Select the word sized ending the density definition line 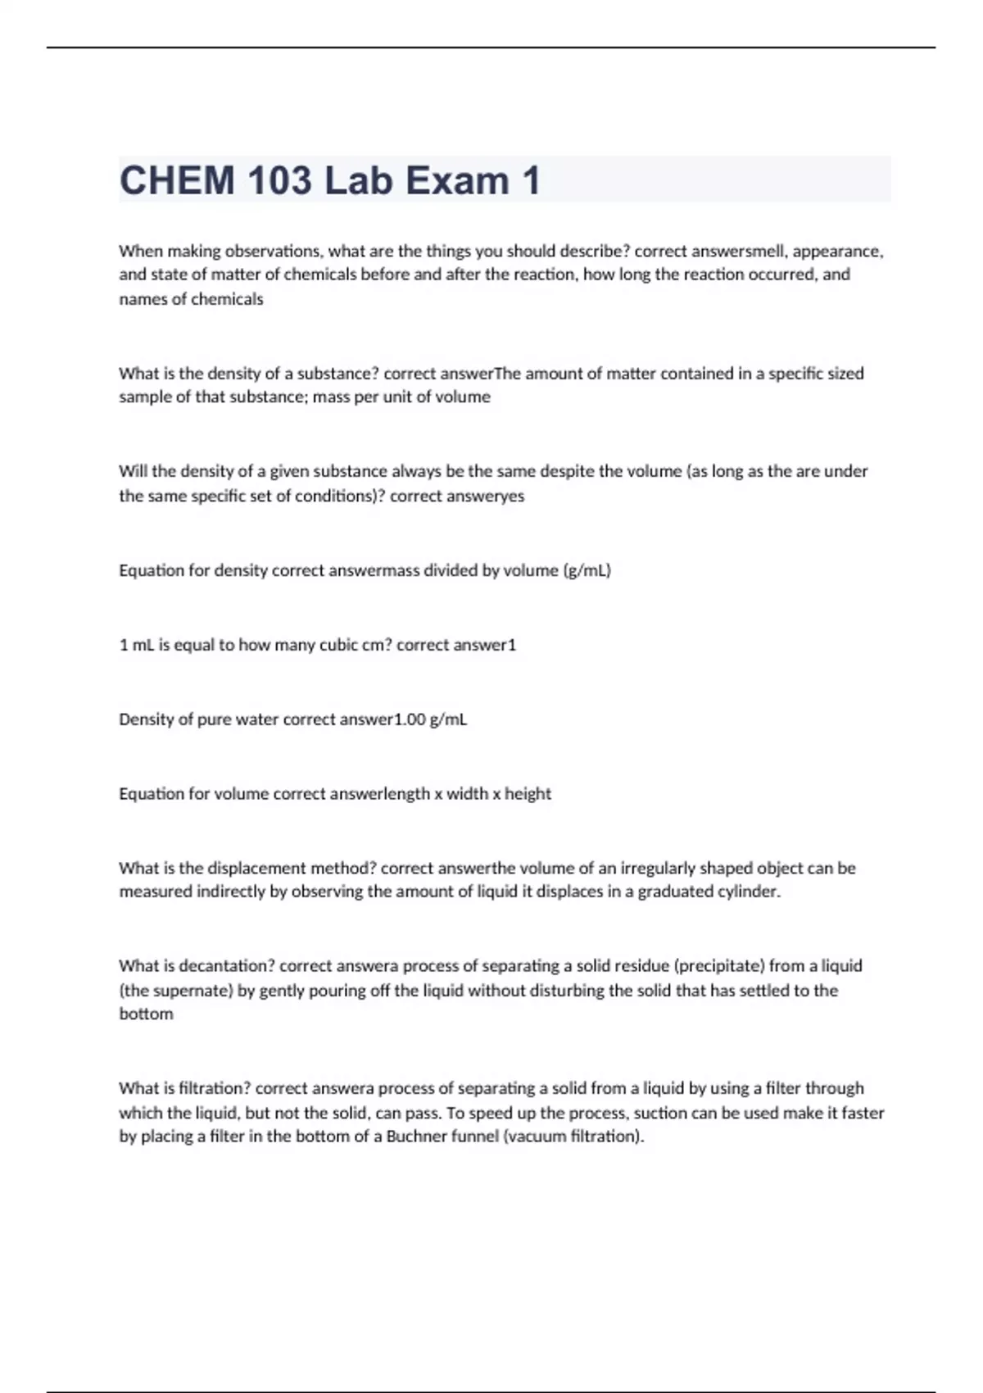click(845, 374)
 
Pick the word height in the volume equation click(528, 794)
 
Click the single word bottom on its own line click(146, 1014)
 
